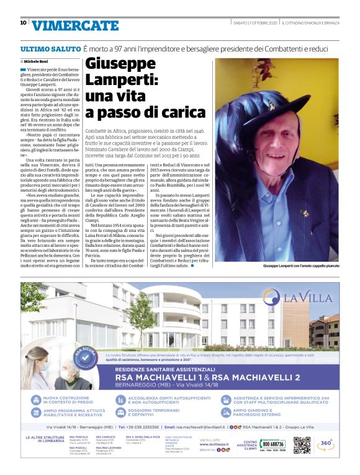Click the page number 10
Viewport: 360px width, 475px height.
pyautogui.click(x=23, y=23)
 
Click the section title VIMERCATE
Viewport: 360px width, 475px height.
pyautogui.click(x=75, y=25)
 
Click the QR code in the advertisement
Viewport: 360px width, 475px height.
pyautogui.click(x=302, y=445)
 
